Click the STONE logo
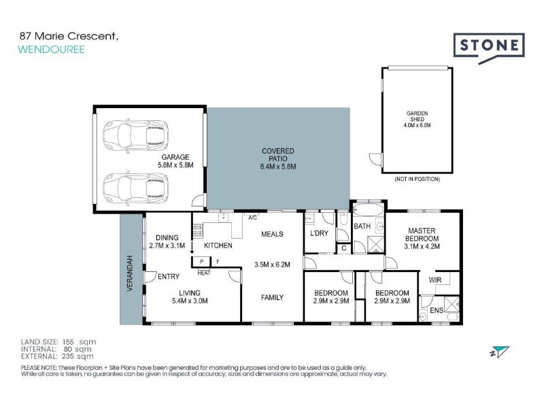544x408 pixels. pyautogui.click(x=489, y=47)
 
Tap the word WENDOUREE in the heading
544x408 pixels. pyautogui.click(x=52, y=49)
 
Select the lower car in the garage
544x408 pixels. pyautogui.click(x=135, y=188)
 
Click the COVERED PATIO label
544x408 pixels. pyautogui.click(x=278, y=155)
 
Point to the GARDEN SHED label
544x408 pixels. pyautogui.click(x=417, y=116)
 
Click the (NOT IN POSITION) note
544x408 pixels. pyautogui.click(x=417, y=179)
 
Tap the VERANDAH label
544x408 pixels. pyautogui.click(x=130, y=273)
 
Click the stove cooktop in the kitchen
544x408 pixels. pyautogui.click(x=198, y=231)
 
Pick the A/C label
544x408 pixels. pyautogui.click(x=252, y=218)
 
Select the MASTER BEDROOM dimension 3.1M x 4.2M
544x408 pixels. pyautogui.click(x=422, y=247)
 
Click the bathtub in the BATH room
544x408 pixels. pyautogui.click(x=368, y=211)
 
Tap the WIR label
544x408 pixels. pyautogui.click(x=435, y=280)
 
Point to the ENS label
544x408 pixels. pyautogui.click(x=437, y=310)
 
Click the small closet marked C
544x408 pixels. pyautogui.click(x=344, y=248)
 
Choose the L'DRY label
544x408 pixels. pyautogui.click(x=319, y=233)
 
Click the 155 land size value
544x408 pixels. pyautogui.click(x=68, y=342)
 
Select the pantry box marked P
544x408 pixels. pyautogui.click(x=201, y=262)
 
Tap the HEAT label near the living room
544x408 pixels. pyautogui.click(x=203, y=273)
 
